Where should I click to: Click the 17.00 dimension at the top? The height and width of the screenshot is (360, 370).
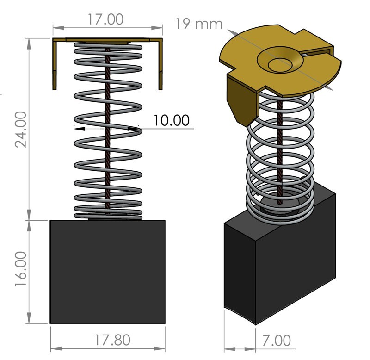click(x=106, y=19)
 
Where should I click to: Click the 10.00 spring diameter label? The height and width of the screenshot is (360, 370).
click(x=172, y=120)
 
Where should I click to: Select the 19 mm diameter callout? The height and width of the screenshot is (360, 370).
click(x=199, y=24)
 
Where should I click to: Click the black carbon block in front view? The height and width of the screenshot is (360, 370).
click(x=107, y=272)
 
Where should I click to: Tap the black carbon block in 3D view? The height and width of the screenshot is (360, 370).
click(x=277, y=259)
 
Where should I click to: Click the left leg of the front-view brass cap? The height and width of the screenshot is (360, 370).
click(x=55, y=65)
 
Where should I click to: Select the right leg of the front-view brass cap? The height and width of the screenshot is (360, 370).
click(x=160, y=65)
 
